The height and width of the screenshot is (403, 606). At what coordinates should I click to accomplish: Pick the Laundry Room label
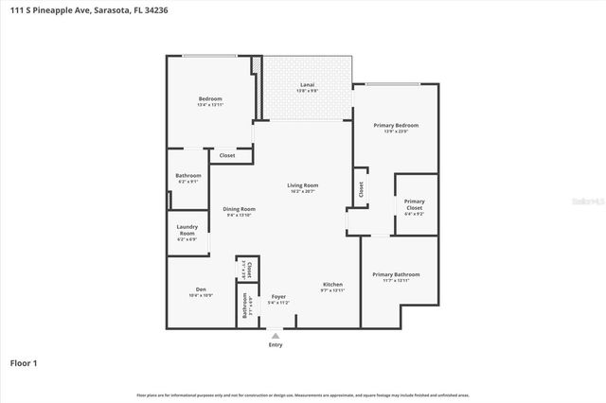(x=187, y=231)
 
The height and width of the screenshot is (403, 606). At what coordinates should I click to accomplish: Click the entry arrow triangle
(x=276, y=335)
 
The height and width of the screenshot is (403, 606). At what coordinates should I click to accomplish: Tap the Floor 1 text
(x=25, y=363)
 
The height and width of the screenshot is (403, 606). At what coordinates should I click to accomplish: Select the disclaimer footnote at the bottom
(x=303, y=394)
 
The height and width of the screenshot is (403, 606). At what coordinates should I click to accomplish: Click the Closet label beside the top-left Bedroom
(x=227, y=155)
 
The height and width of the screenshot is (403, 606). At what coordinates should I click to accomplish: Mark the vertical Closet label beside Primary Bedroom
(x=361, y=189)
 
